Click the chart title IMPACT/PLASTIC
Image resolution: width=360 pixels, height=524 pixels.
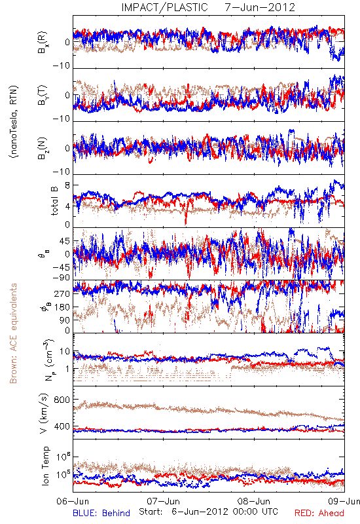(164, 7)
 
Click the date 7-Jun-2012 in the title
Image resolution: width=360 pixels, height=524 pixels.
(260, 7)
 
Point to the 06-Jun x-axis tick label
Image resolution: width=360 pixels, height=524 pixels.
(73, 501)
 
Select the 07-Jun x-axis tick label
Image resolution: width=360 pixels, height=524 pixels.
(163, 501)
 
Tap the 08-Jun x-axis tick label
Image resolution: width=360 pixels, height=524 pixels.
(254, 501)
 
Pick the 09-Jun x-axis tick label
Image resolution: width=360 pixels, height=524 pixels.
(344, 501)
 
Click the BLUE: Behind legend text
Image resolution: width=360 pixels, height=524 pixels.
(101, 513)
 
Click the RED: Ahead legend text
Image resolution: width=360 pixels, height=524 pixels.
(319, 513)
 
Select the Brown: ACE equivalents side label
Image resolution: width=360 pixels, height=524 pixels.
(13, 333)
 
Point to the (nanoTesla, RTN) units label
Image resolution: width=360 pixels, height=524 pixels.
(14, 122)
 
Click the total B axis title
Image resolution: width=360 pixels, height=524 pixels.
(54, 201)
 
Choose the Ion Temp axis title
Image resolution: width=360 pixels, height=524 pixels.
(45, 466)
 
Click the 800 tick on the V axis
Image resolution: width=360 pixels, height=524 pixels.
(62, 400)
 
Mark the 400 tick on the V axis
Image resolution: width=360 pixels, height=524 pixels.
(62, 426)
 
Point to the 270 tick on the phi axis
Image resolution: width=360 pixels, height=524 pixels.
(63, 293)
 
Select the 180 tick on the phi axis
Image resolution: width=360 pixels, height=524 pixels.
(63, 307)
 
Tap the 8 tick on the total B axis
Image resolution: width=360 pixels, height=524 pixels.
(67, 185)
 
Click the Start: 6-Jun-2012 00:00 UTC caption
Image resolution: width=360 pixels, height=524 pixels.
(208, 512)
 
